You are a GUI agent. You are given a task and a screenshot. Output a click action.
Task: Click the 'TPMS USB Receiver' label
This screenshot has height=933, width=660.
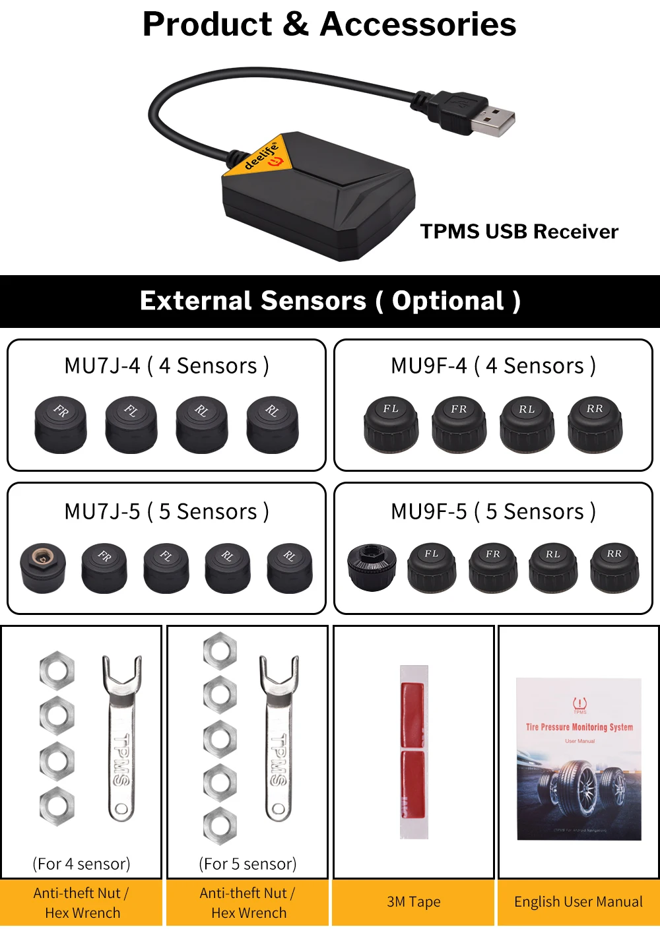pyautogui.click(x=519, y=232)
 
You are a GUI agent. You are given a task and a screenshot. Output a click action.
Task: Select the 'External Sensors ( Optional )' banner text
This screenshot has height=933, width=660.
pyautogui.click(x=330, y=301)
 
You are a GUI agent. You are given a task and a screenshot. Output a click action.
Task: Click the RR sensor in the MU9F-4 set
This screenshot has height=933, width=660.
pyautogui.click(x=595, y=424)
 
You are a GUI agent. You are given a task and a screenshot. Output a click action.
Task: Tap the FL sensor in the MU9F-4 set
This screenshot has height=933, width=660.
pyautogui.click(x=391, y=424)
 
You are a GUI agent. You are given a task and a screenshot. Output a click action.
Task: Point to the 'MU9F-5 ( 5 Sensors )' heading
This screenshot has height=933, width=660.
pyautogui.click(x=493, y=511)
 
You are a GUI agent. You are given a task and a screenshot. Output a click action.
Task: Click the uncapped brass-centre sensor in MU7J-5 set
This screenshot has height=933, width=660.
pyautogui.click(x=43, y=567)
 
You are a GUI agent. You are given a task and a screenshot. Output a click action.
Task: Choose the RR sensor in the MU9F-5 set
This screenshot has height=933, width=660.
pyautogui.click(x=614, y=567)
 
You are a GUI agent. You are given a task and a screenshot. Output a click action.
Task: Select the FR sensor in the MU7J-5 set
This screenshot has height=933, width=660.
pyautogui.click(x=104, y=567)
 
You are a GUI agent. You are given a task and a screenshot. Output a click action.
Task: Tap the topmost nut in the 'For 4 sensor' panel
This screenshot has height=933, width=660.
pyautogui.click(x=57, y=671)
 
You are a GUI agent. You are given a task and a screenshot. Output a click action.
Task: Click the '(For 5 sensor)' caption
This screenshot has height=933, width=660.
pyautogui.click(x=247, y=864)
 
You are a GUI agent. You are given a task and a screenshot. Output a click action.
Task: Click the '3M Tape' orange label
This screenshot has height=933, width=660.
pyautogui.click(x=414, y=902)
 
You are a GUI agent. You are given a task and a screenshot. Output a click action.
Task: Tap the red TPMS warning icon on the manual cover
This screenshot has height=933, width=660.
pyautogui.click(x=579, y=704)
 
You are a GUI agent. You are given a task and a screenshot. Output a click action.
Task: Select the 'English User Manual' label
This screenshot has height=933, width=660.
pyautogui.click(x=578, y=902)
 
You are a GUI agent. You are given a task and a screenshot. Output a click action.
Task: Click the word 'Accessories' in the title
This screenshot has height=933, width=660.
pyautogui.click(x=418, y=24)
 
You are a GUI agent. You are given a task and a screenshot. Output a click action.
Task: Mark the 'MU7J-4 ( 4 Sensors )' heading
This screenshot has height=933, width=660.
pyautogui.click(x=166, y=366)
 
